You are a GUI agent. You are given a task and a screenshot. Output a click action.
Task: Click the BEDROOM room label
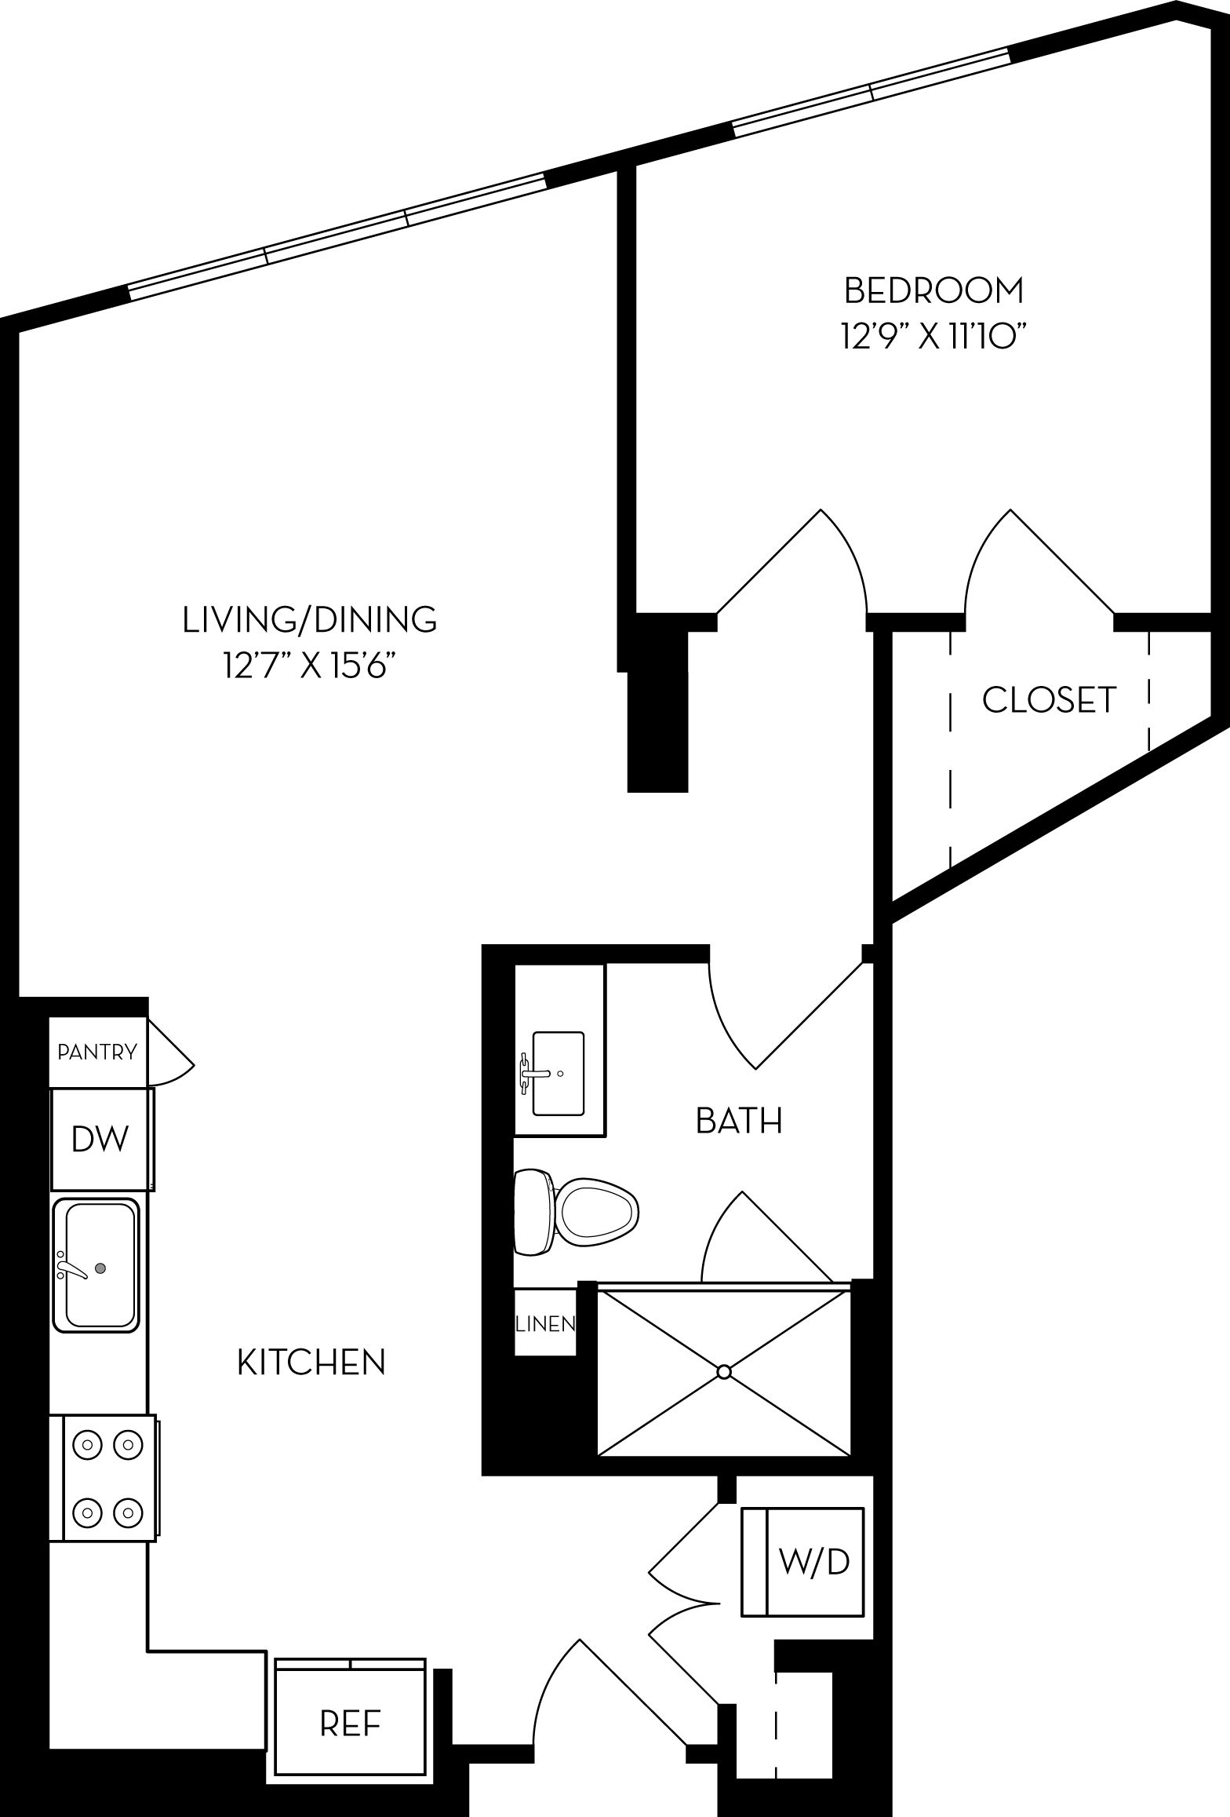tap(933, 290)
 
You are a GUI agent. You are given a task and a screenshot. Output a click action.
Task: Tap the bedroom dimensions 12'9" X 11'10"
tap(933, 338)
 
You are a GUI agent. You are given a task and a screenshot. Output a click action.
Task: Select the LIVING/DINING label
tap(310, 619)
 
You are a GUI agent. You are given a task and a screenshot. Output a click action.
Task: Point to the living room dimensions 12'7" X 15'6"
tap(307, 668)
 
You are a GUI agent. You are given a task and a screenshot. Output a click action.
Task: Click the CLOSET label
tap(1049, 700)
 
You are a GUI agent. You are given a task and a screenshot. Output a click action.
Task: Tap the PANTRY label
tap(97, 1052)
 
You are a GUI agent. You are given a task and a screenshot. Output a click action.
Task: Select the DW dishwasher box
tap(100, 1138)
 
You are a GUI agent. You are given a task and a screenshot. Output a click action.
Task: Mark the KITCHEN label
tap(311, 1363)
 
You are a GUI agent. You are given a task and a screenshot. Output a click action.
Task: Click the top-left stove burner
tap(88, 1443)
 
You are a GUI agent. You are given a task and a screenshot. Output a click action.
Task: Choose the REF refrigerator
tap(350, 1724)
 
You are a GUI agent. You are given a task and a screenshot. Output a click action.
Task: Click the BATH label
tap(739, 1121)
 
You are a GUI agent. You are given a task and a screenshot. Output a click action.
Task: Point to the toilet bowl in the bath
tap(596, 1213)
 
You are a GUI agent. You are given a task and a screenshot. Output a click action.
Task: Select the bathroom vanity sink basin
tap(558, 1073)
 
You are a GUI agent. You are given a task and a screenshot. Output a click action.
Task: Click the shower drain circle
tap(724, 1372)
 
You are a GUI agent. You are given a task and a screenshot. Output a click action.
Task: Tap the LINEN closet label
tap(545, 1324)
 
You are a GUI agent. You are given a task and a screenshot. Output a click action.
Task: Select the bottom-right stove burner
tap(126, 1512)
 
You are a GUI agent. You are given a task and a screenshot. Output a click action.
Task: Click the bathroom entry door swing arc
tap(726, 1020)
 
